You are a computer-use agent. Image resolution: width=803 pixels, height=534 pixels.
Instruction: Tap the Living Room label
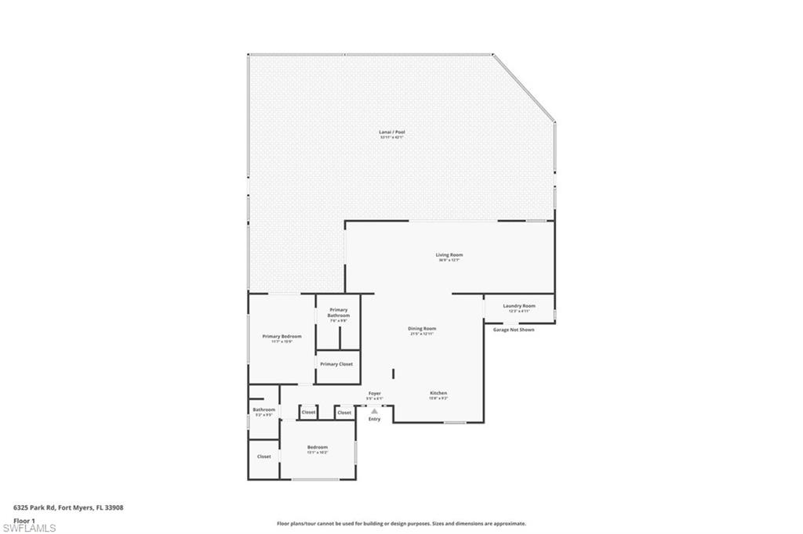(x=449, y=255)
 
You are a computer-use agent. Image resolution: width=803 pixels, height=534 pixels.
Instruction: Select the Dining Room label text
(x=422, y=329)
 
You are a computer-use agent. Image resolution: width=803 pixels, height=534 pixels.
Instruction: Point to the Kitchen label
(x=438, y=393)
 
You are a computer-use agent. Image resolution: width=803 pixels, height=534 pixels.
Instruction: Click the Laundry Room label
(x=518, y=306)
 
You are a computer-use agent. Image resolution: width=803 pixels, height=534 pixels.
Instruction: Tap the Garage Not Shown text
(x=514, y=330)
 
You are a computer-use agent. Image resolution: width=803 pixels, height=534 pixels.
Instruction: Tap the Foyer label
(x=375, y=394)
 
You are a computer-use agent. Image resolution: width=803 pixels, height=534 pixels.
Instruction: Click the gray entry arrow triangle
(x=374, y=410)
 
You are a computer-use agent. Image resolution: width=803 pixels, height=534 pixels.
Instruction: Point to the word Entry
(x=374, y=419)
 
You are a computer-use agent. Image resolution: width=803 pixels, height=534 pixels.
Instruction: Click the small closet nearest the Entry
(x=344, y=412)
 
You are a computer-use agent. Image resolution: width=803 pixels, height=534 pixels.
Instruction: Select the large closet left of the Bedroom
(x=264, y=456)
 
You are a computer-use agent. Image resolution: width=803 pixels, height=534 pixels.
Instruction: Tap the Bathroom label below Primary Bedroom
(x=263, y=410)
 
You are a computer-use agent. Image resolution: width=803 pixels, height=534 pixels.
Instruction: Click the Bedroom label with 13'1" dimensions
(x=317, y=448)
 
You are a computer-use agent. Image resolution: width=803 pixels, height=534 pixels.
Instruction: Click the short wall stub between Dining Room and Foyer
(x=393, y=373)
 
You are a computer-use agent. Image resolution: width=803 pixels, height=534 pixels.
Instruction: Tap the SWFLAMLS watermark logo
(x=29, y=528)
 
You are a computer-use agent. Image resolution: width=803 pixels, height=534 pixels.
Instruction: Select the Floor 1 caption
(x=24, y=520)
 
